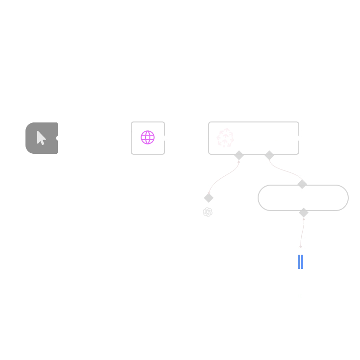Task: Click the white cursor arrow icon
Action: (x=41, y=138)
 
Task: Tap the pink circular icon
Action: (x=148, y=138)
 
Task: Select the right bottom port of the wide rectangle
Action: (x=270, y=154)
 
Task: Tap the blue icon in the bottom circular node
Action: (x=301, y=262)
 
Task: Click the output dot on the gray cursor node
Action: (x=59, y=139)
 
